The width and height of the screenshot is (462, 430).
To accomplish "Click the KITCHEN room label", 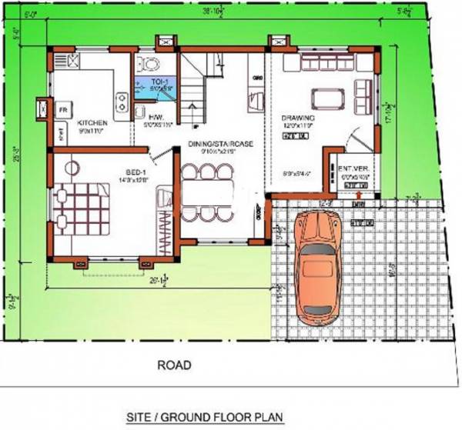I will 92,122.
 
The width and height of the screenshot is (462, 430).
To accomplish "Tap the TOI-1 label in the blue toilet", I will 160,81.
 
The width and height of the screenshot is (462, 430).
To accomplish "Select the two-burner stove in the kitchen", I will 121,101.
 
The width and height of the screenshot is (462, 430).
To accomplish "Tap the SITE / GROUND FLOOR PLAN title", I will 205,418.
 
